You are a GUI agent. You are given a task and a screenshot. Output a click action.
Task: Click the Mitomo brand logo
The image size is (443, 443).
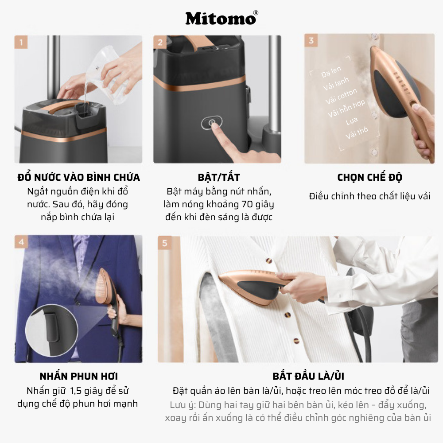[x=221, y=18]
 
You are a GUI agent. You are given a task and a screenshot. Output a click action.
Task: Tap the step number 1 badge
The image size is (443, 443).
[x=21, y=43]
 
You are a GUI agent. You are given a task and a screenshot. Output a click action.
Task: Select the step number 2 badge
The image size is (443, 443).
[x=160, y=43]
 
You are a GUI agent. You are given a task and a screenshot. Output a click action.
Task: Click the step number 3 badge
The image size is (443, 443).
[x=311, y=41]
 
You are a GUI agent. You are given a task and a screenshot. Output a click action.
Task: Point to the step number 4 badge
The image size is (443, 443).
[x=21, y=242]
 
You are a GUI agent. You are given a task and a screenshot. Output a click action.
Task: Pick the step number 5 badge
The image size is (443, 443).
[x=165, y=243]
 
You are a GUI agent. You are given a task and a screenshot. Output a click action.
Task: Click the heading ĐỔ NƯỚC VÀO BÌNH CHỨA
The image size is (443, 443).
[x=78, y=178]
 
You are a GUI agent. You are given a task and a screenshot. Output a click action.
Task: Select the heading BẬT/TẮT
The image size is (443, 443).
[x=218, y=178]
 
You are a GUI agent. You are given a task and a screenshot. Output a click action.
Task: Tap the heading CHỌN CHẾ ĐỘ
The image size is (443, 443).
[x=369, y=178]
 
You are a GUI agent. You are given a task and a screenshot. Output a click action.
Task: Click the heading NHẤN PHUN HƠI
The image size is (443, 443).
[x=78, y=377]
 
